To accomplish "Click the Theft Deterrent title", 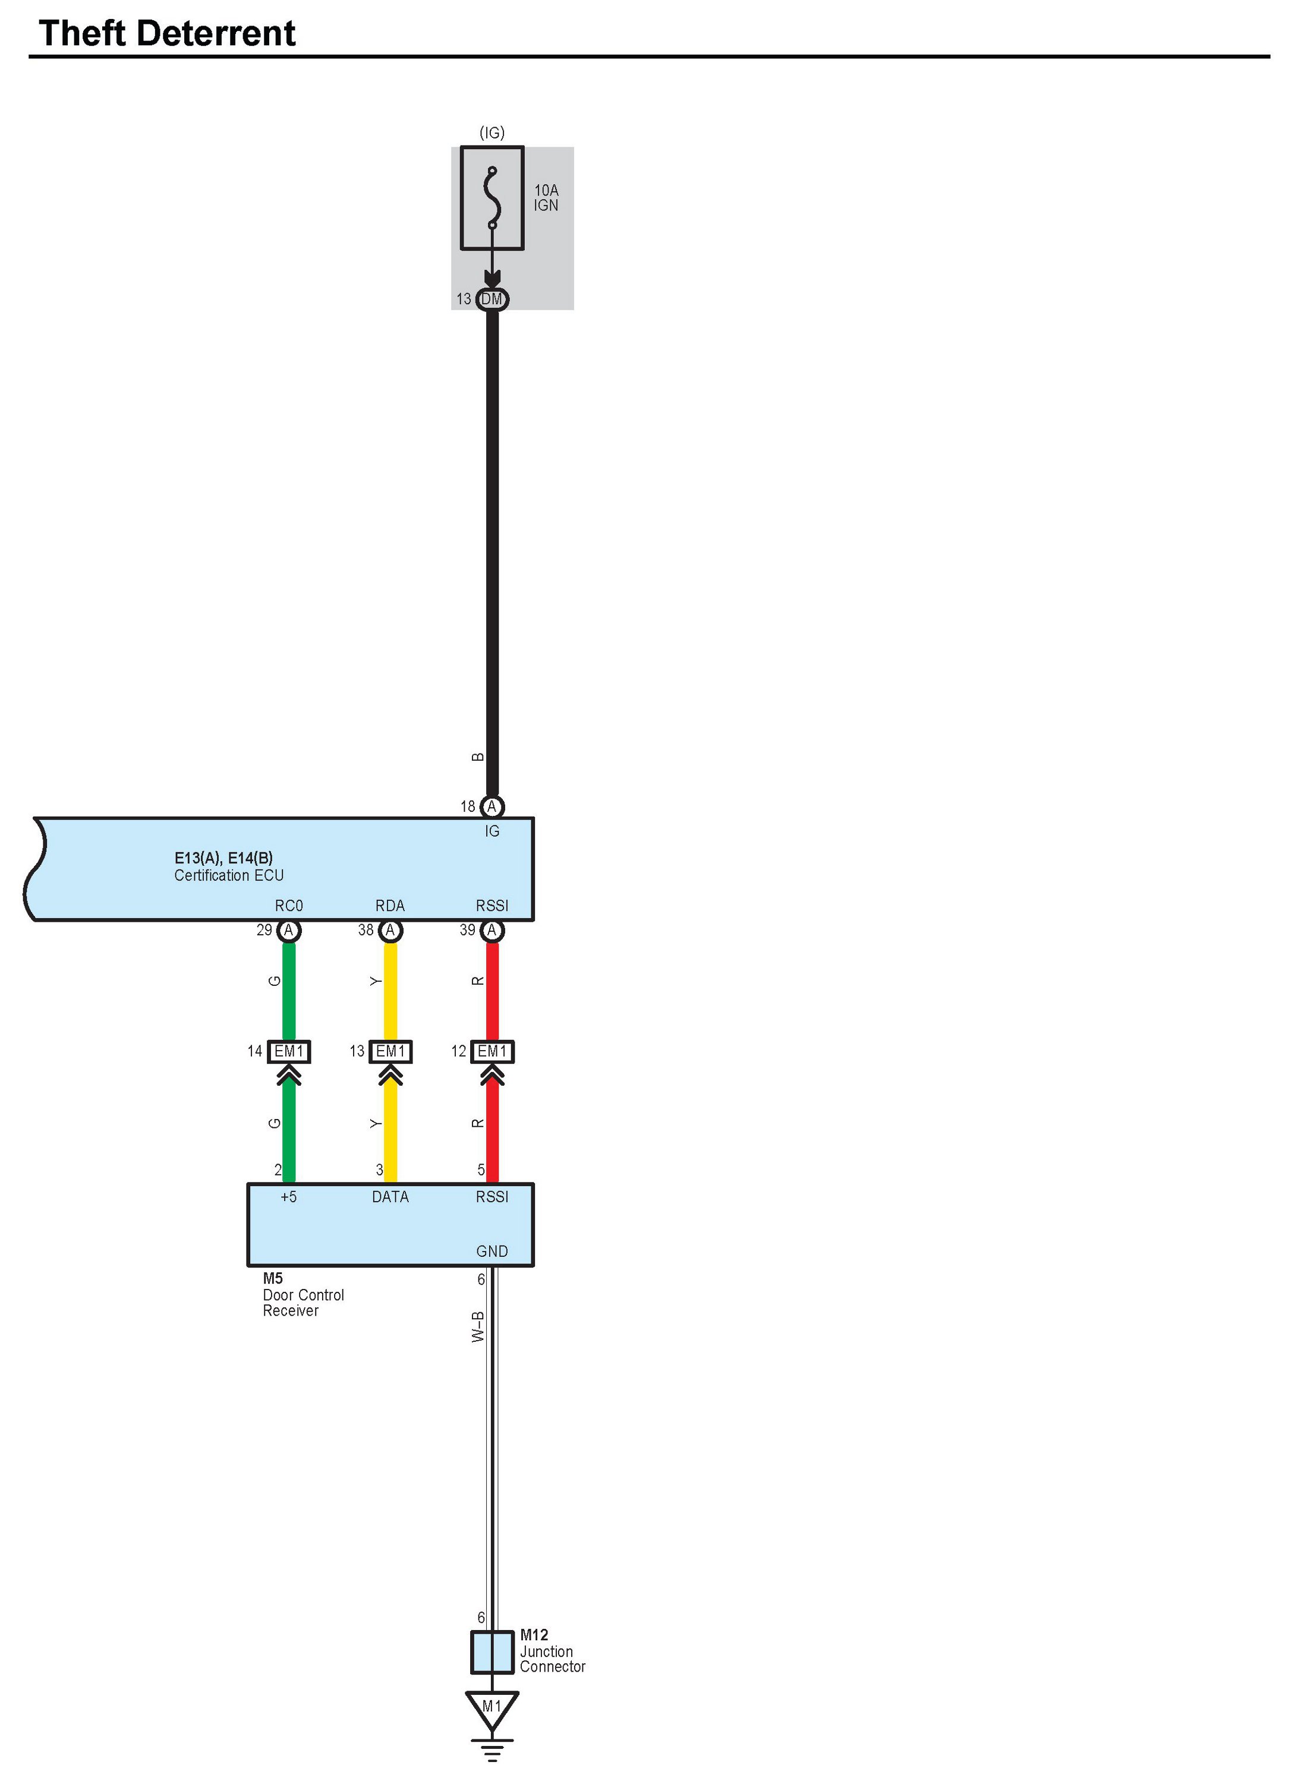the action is pyautogui.click(x=166, y=34).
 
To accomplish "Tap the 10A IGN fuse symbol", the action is pyautogui.click(x=492, y=198).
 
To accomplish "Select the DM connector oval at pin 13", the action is pyautogui.click(x=493, y=300).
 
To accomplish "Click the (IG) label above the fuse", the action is pyautogui.click(x=492, y=133).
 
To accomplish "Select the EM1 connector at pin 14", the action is pyautogui.click(x=289, y=1051).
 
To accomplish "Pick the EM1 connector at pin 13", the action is pyautogui.click(x=390, y=1051).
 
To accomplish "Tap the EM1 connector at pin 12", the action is pyautogui.click(x=493, y=1051).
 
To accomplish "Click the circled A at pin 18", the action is pyautogui.click(x=492, y=807).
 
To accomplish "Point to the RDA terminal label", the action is pyautogui.click(x=390, y=906).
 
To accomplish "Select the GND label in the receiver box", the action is pyautogui.click(x=492, y=1252).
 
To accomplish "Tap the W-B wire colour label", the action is pyautogui.click(x=478, y=1326).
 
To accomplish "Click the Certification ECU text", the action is pyautogui.click(x=229, y=875).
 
